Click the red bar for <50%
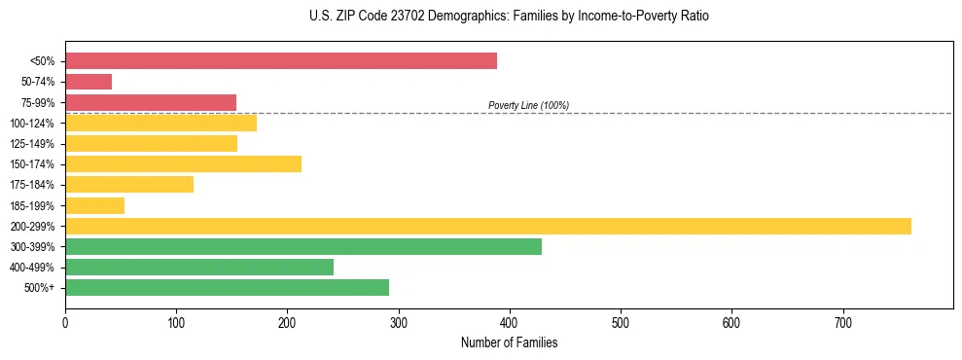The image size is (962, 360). pyautogui.click(x=281, y=61)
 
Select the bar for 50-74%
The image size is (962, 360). pyautogui.click(x=89, y=82)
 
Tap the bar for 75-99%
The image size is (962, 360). pyautogui.click(x=151, y=102)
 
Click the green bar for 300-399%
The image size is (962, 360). pyautogui.click(x=303, y=246)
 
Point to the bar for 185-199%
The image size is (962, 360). pyautogui.click(x=94, y=205)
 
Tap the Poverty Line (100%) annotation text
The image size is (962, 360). pyautogui.click(x=528, y=105)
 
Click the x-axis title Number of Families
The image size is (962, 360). pyautogui.click(x=509, y=343)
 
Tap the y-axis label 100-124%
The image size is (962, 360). pyautogui.click(x=32, y=124)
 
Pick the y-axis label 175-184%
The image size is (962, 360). pyautogui.click(x=32, y=185)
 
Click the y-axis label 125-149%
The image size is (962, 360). pyautogui.click(x=32, y=144)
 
